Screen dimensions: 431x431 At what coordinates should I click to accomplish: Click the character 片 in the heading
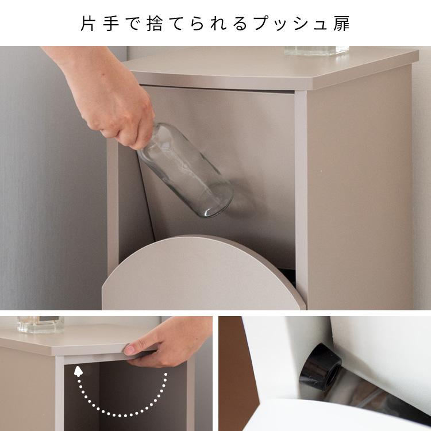[88, 24]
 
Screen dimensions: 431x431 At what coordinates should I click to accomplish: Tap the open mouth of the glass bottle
[220, 205]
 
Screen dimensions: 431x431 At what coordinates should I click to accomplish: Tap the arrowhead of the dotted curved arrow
[77, 373]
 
